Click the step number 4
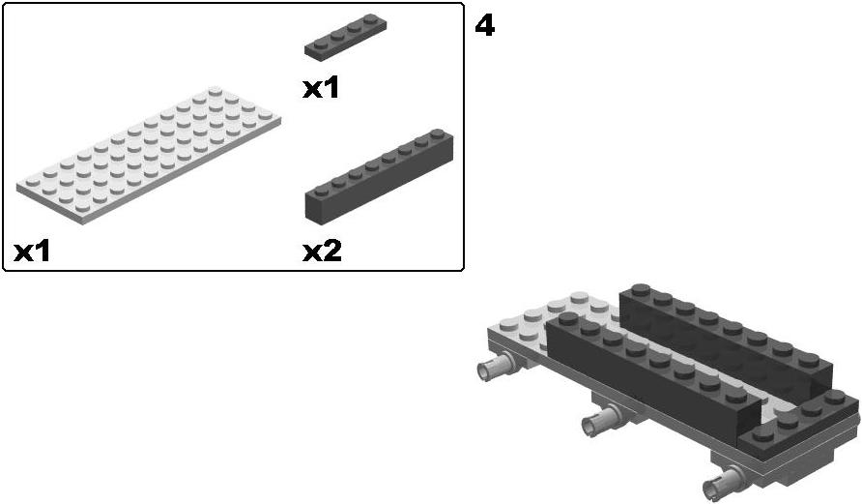[x=484, y=26]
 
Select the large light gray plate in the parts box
[x=149, y=155]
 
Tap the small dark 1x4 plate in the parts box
[x=345, y=34]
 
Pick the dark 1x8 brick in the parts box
[x=379, y=175]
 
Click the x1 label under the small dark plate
[x=321, y=88]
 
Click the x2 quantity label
[x=322, y=252]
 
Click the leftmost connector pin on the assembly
[x=496, y=367]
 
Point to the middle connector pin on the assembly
[x=602, y=418]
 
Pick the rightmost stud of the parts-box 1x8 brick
[x=438, y=133]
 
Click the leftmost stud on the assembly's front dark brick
[x=568, y=318]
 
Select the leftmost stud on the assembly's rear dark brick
[x=641, y=290]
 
